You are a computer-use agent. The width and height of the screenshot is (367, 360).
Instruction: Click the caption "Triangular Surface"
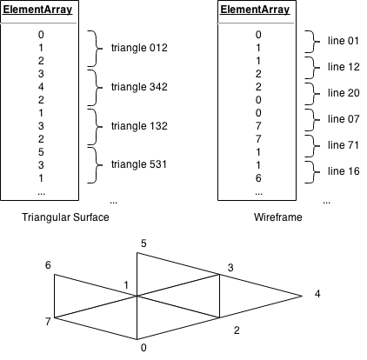pyautogui.click(x=62, y=217)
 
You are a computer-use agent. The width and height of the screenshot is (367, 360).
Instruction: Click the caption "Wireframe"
pyautogui.click(x=257, y=217)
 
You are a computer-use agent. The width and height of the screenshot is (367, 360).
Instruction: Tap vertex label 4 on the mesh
pyautogui.click(x=317, y=294)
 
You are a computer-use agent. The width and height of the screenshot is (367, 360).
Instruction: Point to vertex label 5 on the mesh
pyautogui.click(x=143, y=243)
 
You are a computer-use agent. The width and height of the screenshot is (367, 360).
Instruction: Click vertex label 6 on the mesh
pyautogui.click(x=49, y=265)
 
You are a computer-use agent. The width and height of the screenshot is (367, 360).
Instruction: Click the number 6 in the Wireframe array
pyautogui.click(x=257, y=177)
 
